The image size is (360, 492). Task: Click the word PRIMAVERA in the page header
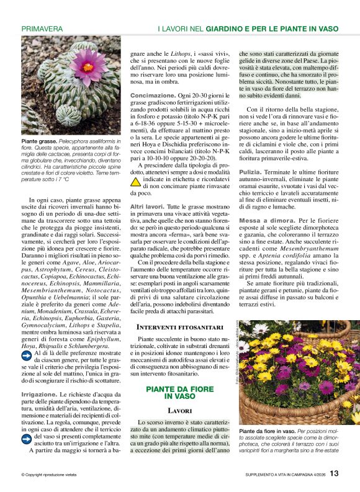pyautogui.click(x=42, y=29)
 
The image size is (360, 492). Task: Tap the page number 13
pyautogui.click(x=334, y=473)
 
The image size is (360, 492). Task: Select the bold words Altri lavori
pyautogui.click(x=147, y=205)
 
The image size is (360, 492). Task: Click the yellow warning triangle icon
pyautogui.click(x=135, y=182)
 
